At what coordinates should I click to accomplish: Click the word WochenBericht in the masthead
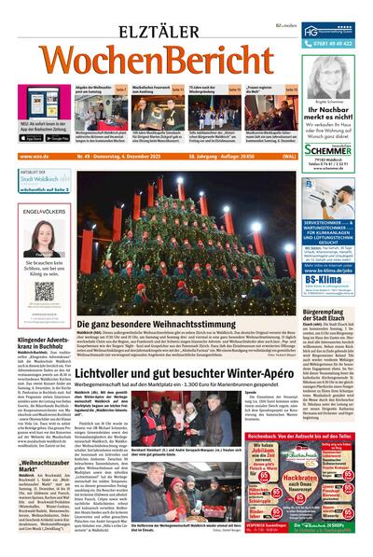point(149,60)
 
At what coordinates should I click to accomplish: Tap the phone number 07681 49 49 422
point(335,43)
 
